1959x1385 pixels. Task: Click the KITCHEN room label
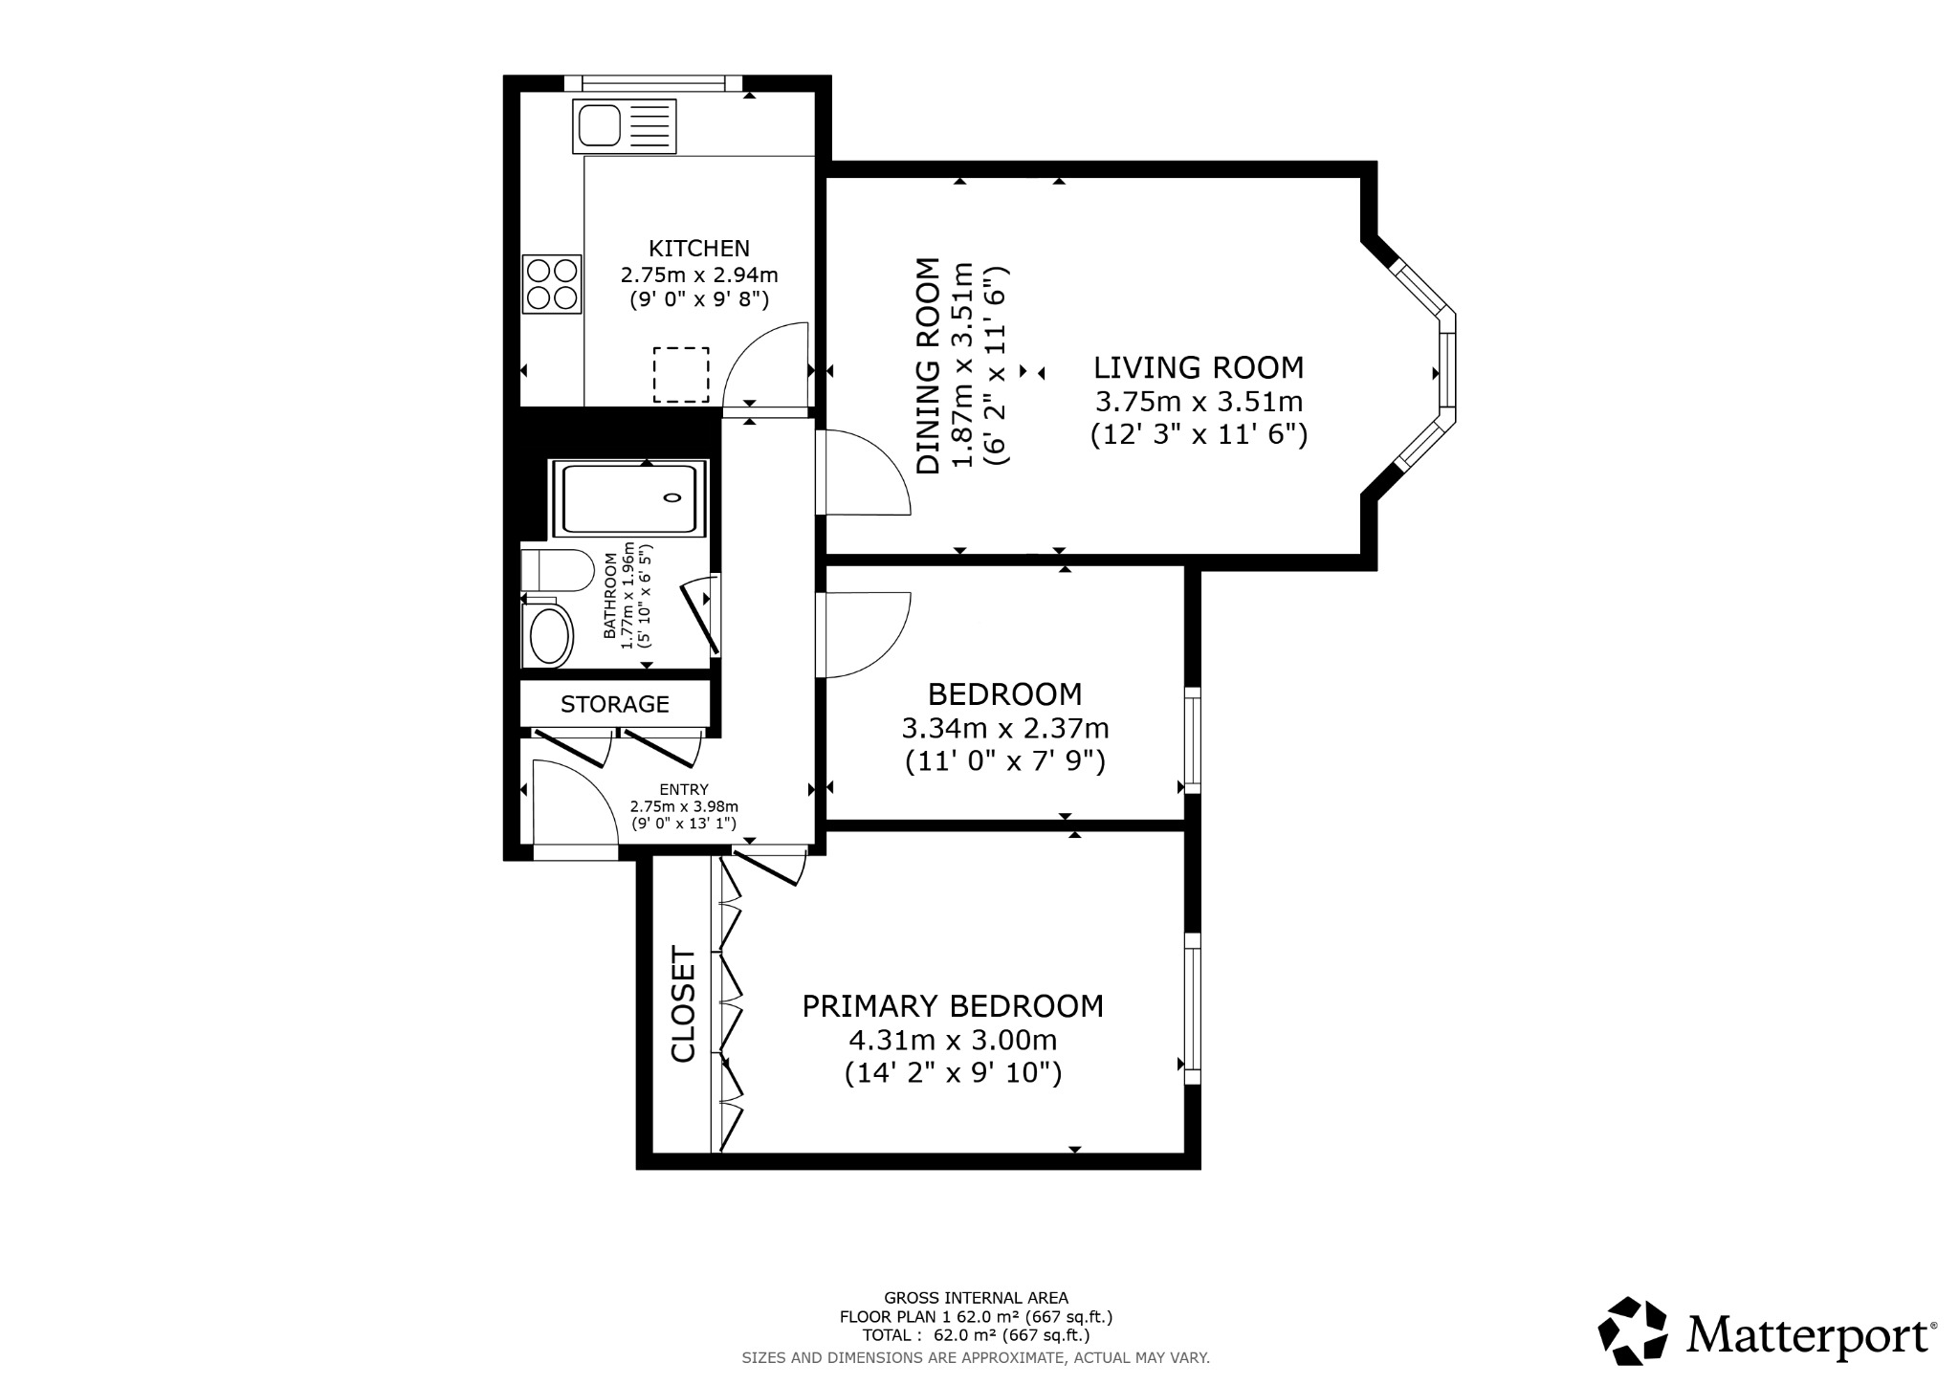click(x=699, y=249)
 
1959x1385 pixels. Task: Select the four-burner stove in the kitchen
click(x=552, y=284)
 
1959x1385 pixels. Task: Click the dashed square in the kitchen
click(x=681, y=375)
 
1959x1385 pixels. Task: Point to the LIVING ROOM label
click(x=1199, y=368)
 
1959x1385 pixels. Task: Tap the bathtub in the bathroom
click(x=629, y=498)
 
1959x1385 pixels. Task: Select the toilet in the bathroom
click(x=556, y=571)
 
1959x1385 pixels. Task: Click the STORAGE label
click(x=615, y=705)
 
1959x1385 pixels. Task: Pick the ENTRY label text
click(x=684, y=789)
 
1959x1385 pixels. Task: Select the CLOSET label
click(x=683, y=1004)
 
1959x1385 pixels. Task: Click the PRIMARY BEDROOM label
click(x=953, y=1006)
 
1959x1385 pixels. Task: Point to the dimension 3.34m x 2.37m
click(x=1005, y=729)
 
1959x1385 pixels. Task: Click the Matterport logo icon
click(x=1634, y=1332)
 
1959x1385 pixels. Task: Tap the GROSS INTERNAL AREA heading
click(x=976, y=1298)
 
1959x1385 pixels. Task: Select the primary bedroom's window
click(x=1192, y=1009)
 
